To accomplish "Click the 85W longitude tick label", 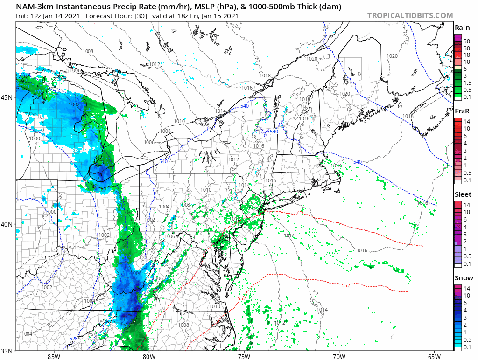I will (x=54, y=356).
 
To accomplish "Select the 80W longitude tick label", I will (x=149, y=356).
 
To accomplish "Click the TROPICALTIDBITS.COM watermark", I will (x=410, y=15).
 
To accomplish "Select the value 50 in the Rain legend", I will (x=466, y=42).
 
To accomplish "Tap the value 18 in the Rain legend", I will (x=466, y=55).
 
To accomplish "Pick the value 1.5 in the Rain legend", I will (x=467, y=83).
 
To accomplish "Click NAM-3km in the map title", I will (x=35, y=7).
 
